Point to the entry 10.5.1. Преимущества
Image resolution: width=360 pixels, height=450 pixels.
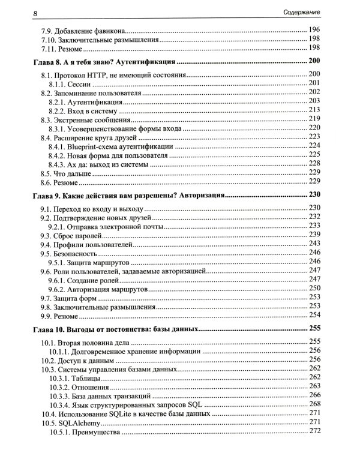[85, 432]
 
